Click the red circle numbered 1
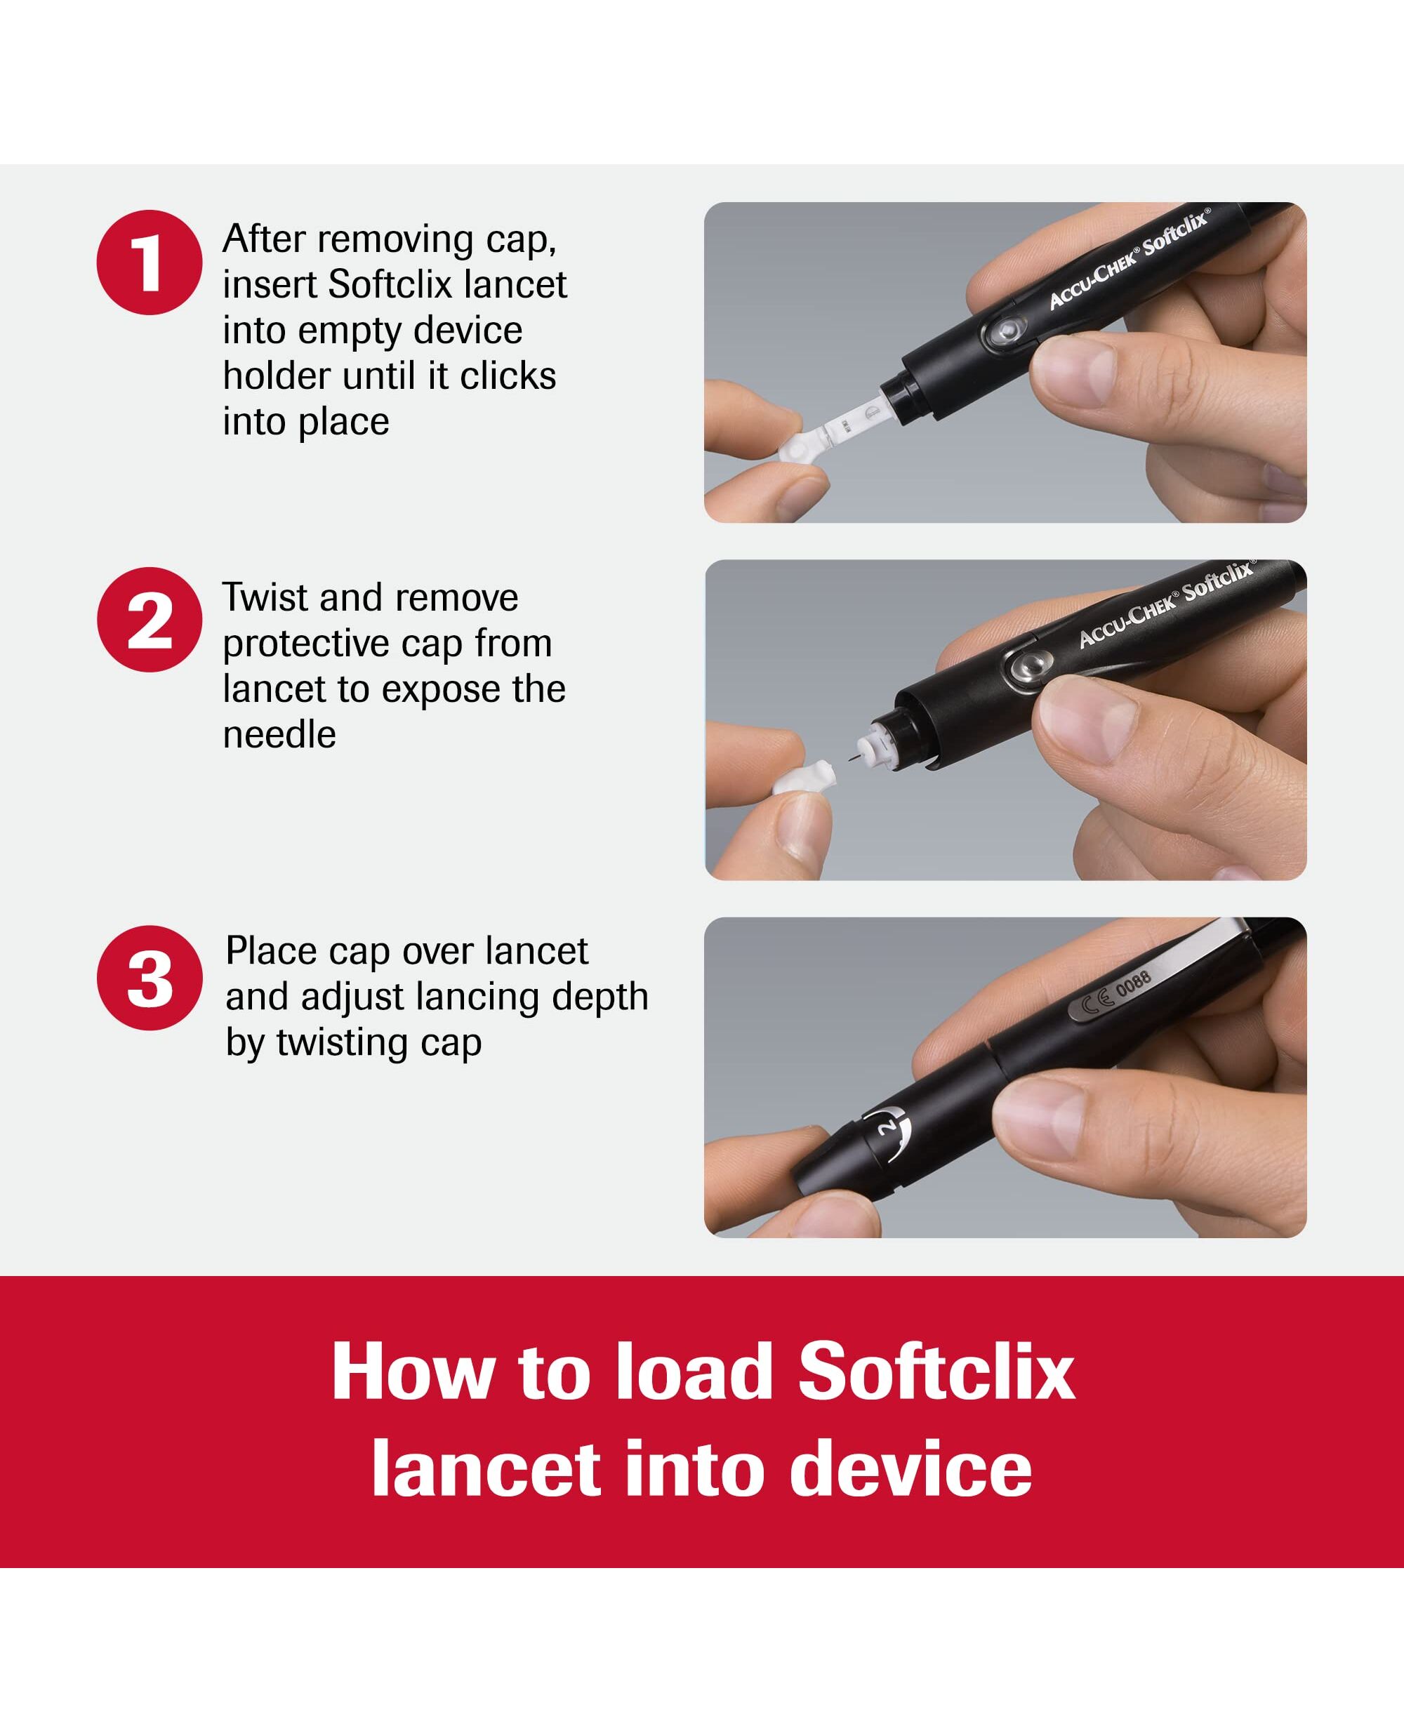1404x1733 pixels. (150, 262)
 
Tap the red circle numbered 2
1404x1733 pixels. (150, 620)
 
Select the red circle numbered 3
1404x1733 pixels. (150, 978)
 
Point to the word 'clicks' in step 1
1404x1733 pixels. (508, 376)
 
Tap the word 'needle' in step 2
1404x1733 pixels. (279, 734)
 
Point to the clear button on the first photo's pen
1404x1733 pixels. (1006, 330)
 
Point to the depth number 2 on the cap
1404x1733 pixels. (889, 1127)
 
